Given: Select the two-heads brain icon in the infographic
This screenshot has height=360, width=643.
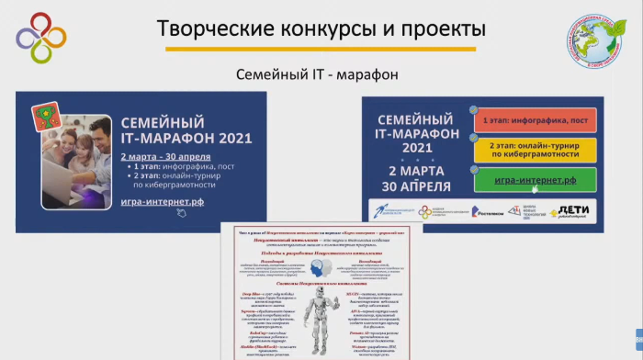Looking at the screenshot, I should [x=321, y=268].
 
